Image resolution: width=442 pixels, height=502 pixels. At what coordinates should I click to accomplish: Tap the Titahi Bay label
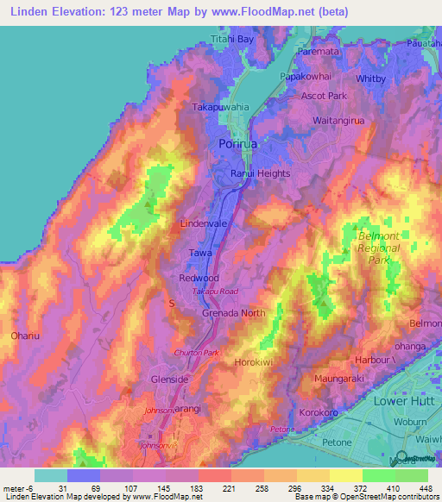coord(233,40)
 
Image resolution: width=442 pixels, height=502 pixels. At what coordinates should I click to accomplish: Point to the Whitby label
coord(370,78)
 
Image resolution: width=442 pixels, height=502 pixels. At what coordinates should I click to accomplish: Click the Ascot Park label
coord(323,96)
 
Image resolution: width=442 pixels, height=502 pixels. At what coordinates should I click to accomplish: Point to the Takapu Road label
coord(214,293)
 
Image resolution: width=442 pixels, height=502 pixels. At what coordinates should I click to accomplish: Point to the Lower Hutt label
coord(407,402)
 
